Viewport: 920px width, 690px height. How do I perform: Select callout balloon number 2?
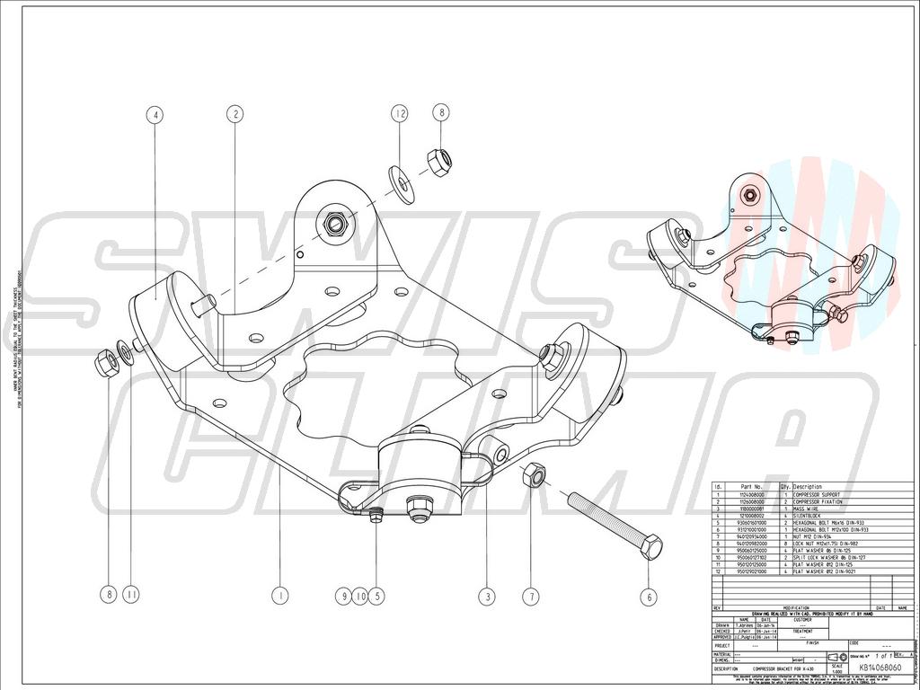point(235,114)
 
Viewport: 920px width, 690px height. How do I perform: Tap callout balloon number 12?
point(400,113)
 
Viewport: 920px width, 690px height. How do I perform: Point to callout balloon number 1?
point(280,595)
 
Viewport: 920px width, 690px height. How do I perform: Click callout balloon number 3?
point(486,595)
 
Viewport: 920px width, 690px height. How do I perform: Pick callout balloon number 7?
point(531,595)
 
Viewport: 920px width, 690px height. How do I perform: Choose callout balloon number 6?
point(650,595)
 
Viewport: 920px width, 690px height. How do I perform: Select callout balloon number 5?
point(376,595)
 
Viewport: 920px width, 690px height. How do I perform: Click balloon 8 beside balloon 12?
point(439,113)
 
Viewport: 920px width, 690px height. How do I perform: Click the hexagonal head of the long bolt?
point(652,544)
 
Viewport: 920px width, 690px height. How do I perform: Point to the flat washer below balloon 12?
point(401,177)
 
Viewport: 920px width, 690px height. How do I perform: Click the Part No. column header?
point(750,487)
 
